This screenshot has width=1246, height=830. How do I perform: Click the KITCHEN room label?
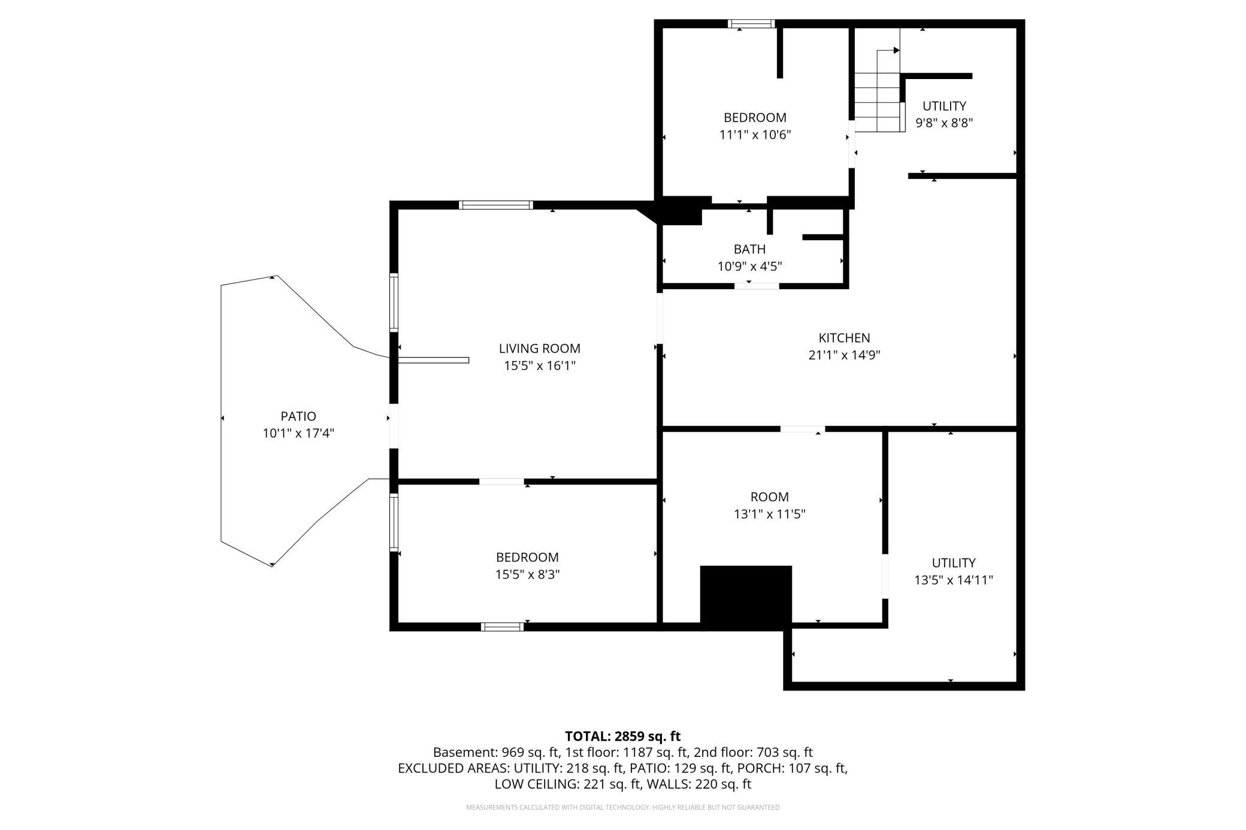[844, 338]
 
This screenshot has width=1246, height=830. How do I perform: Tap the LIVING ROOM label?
[539, 349]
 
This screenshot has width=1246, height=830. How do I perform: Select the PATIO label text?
[298, 416]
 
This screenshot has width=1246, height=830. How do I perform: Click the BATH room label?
[749, 249]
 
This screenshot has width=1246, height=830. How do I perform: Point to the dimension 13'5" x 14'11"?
[953, 580]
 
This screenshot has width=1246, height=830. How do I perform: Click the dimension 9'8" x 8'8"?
[944, 123]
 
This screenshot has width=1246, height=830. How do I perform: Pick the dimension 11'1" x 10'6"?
[755, 135]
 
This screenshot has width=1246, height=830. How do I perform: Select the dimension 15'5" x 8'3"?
[527, 574]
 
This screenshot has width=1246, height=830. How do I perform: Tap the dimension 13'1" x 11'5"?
[769, 514]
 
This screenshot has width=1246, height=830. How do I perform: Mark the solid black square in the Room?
[746, 597]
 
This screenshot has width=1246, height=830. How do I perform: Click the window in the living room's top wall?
[495, 205]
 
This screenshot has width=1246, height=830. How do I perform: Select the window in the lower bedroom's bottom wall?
[502, 626]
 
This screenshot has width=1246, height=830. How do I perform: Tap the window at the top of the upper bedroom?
[751, 24]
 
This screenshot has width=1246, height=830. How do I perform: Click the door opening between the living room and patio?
[394, 426]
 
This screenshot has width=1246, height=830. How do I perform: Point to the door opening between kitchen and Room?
[802, 429]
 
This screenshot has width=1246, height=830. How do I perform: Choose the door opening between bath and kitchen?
[757, 286]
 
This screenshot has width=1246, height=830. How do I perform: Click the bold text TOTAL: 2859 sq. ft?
[622, 736]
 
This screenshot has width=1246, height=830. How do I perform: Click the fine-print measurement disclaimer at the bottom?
[623, 807]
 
